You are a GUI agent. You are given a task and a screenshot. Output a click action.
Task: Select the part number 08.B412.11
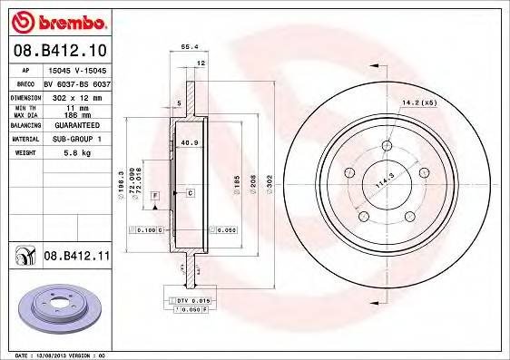coord(76,258)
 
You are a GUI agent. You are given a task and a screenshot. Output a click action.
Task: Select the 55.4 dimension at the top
coord(189,44)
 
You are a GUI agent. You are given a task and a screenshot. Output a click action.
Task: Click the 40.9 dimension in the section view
coord(189,142)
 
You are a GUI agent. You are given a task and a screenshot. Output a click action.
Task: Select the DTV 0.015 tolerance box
coord(189,299)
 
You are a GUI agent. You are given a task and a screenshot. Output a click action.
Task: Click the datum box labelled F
coord(156,195)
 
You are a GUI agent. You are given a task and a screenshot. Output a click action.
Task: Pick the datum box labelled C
coord(190,193)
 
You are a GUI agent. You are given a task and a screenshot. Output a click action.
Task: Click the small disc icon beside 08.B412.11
coord(23,258)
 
